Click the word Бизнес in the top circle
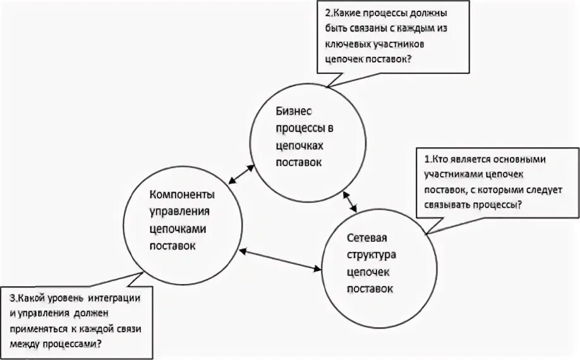pos(292,112)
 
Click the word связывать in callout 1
pos(450,205)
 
